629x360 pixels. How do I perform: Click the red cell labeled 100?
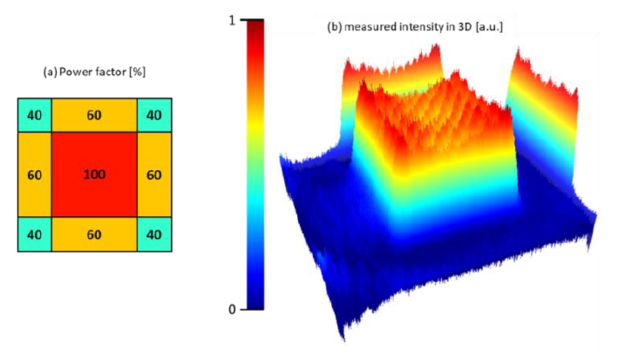pyautogui.click(x=94, y=175)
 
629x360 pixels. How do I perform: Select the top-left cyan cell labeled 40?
pyautogui.click(x=34, y=115)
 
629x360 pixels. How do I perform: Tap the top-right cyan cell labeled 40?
pyautogui.click(x=153, y=115)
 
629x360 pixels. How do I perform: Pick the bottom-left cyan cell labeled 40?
pyautogui.click(x=34, y=234)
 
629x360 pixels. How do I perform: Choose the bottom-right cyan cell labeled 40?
pyautogui.click(x=153, y=234)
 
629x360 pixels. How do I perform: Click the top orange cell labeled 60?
pyautogui.click(x=94, y=115)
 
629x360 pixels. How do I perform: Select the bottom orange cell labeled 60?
pyautogui.click(x=94, y=234)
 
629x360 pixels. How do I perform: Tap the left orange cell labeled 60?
pyautogui.click(x=34, y=175)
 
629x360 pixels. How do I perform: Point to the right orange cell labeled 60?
pyautogui.click(x=153, y=175)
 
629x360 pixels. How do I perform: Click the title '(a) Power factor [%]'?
pyautogui.click(x=94, y=73)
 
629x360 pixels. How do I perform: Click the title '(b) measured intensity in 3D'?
pyautogui.click(x=415, y=27)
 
